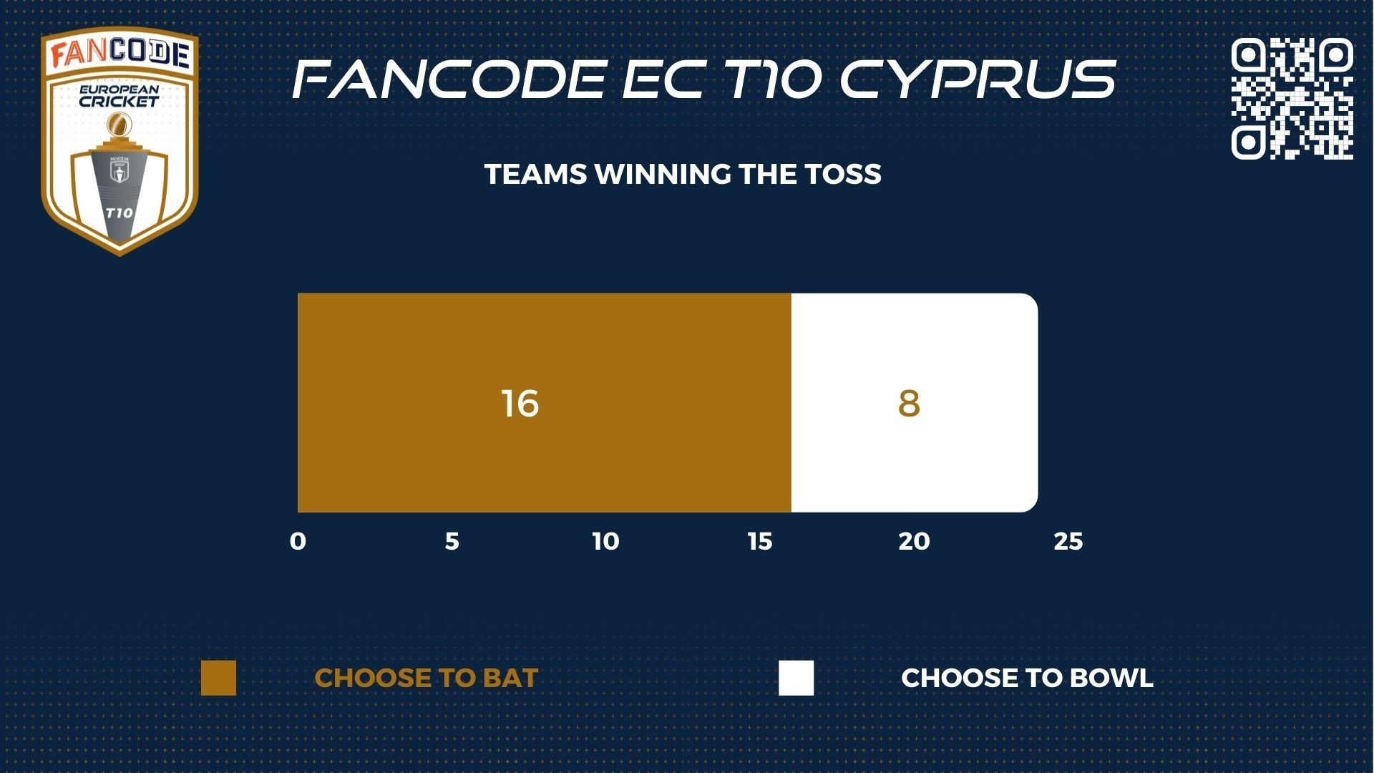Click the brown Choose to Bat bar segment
coord(545,402)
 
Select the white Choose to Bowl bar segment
coord(915,402)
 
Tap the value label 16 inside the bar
coord(520,404)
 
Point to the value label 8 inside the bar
coord(909,404)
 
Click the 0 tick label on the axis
coord(298,542)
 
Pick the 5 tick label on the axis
coord(452,542)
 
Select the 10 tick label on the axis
coord(605,542)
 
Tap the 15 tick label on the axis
coord(760,542)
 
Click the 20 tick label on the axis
coord(914,542)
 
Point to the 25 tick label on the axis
coord(1068,542)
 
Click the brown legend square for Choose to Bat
coord(218,678)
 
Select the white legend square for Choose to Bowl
coord(796,678)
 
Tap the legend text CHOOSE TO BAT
coord(426,678)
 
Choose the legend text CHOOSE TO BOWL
coord(1027,678)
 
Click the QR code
coord(1292,98)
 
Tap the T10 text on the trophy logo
coord(119,213)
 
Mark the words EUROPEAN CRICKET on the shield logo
coord(119,96)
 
